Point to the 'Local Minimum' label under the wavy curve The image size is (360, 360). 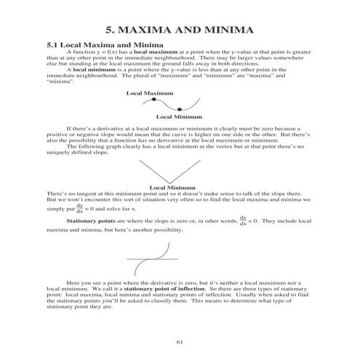tap(179, 116)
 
